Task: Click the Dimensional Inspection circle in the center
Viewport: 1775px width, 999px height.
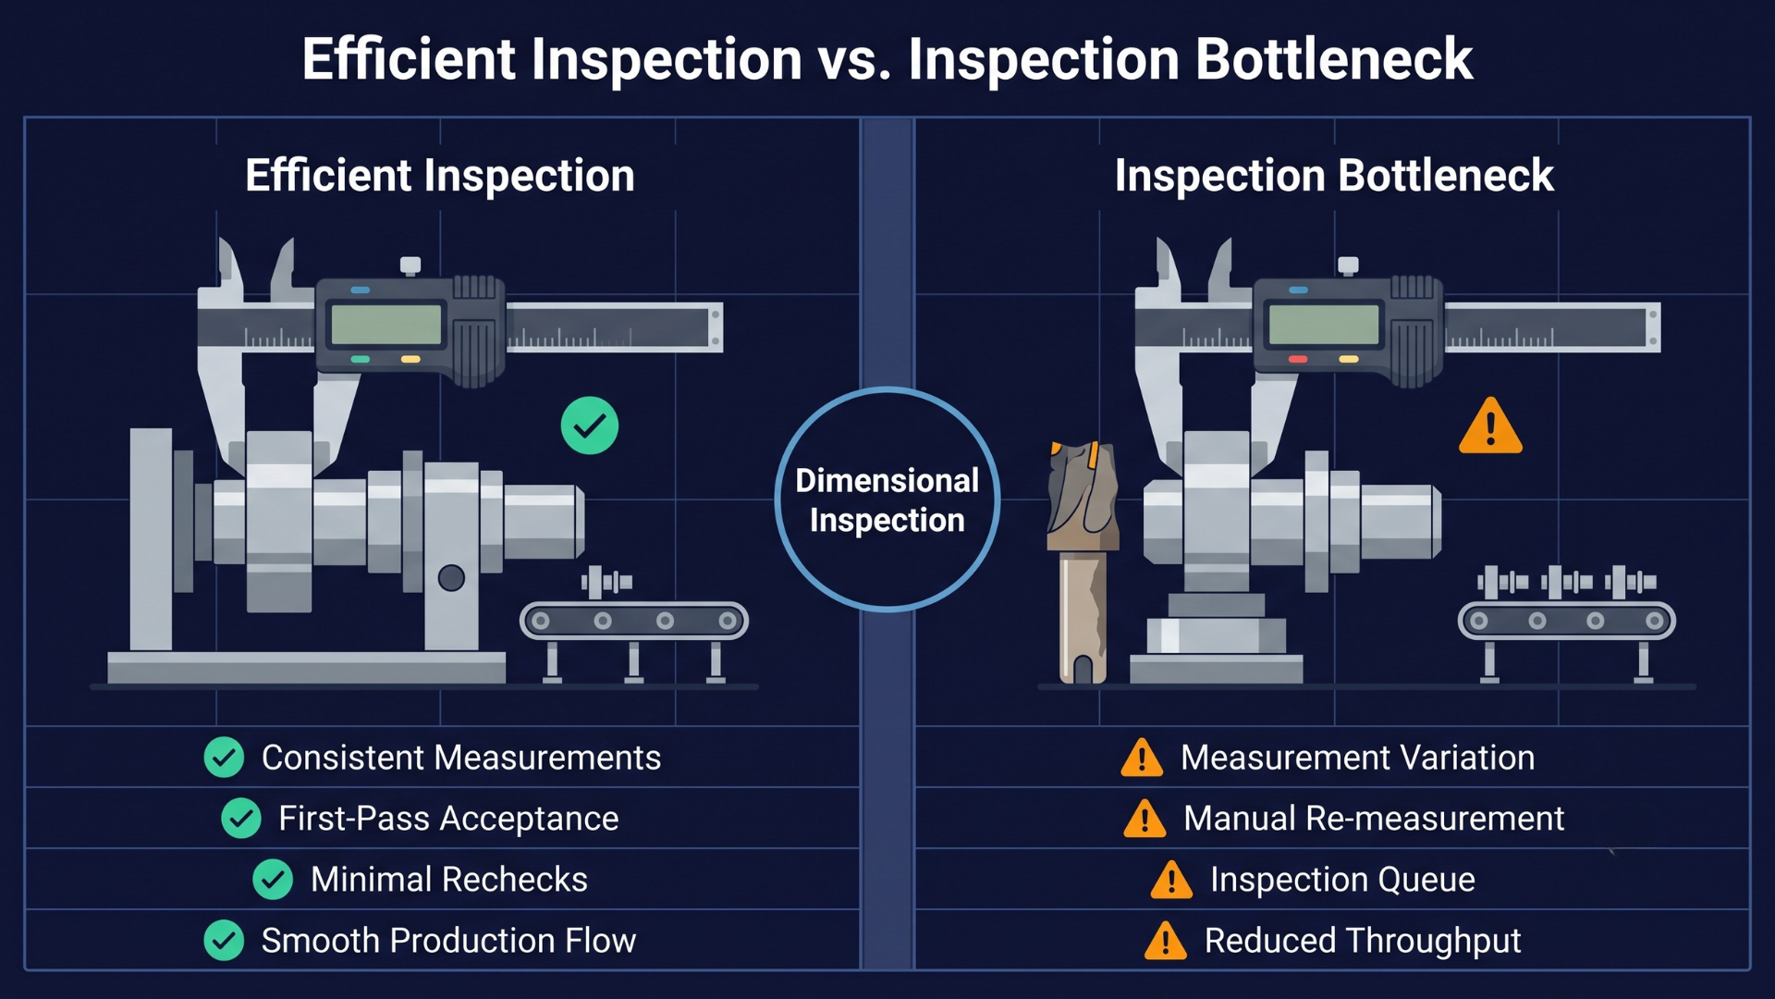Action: (x=887, y=499)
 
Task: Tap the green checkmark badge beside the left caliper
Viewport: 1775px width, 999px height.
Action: (x=590, y=425)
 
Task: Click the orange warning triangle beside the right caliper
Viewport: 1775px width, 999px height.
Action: (x=1490, y=427)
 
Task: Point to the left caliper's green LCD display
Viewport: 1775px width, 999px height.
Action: (x=386, y=325)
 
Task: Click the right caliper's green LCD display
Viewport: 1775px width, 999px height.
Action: (x=1324, y=325)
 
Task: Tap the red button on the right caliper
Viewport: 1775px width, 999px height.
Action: (x=1298, y=359)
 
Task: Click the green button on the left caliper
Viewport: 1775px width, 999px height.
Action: (x=361, y=359)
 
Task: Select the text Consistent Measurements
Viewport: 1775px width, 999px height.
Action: (x=461, y=758)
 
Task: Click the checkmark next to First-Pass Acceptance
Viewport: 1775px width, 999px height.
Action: (x=241, y=819)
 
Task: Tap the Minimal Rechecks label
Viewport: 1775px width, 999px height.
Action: (x=449, y=880)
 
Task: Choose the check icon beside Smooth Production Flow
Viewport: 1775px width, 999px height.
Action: (x=224, y=941)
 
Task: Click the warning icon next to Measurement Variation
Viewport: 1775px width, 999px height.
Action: (x=1142, y=758)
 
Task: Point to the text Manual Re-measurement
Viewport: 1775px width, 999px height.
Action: (x=1374, y=819)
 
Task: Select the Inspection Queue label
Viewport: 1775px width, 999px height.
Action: (x=1342, y=880)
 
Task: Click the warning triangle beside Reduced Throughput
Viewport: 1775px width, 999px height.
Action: (x=1166, y=942)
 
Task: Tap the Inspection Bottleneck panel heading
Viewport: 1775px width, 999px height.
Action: (x=1334, y=176)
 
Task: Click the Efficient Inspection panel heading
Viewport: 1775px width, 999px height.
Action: (x=440, y=176)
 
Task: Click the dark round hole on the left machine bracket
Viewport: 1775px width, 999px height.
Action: (x=451, y=578)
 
